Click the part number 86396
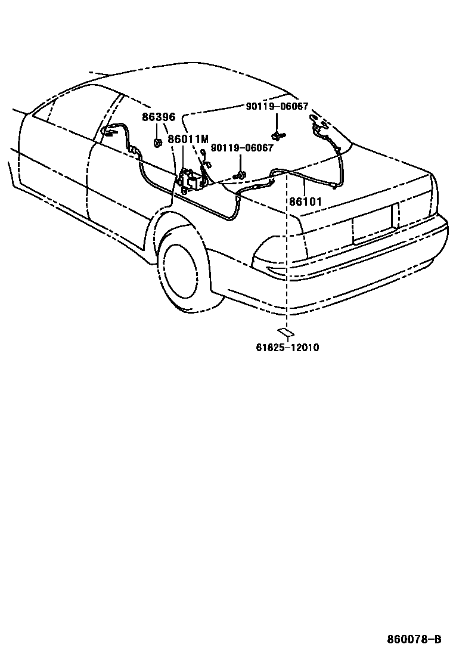point(158,117)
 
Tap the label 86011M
point(188,140)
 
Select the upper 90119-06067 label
point(277,107)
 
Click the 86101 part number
point(305,202)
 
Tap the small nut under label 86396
point(158,142)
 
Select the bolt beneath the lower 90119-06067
point(240,174)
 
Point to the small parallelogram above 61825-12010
point(284,331)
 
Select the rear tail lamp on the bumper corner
point(280,262)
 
